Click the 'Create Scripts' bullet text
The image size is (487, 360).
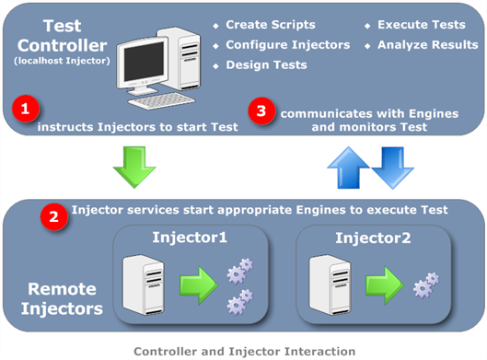click(x=270, y=24)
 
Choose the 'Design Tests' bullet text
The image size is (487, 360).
click(x=266, y=65)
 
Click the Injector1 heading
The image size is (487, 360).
click(x=190, y=239)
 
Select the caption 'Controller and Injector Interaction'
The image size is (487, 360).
click(x=243, y=350)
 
